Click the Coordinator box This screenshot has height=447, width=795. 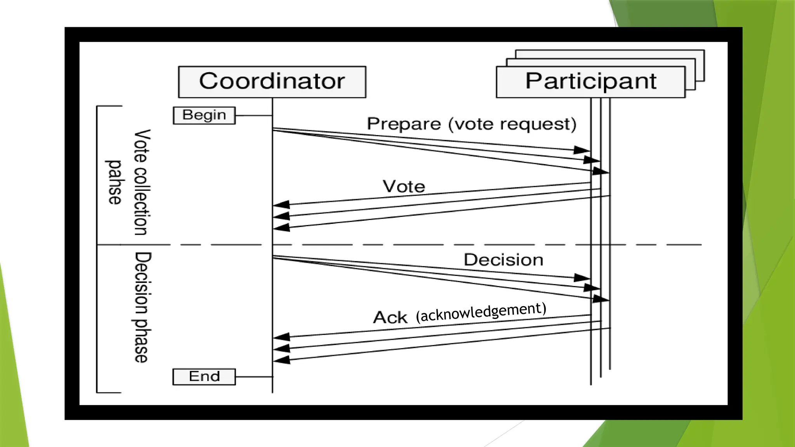tap(272, 82)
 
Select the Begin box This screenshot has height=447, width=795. tap(204, 115)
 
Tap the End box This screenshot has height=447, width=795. tap(204, 376)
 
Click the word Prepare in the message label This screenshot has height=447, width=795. tap(404, 124)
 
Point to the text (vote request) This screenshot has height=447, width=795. tap(512, 124)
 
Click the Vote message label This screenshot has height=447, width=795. tap(404, 187)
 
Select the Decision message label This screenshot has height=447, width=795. tap(503, 260)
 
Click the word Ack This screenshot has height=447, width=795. tap(390, 317)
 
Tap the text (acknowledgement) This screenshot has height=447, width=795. tap(481, 312)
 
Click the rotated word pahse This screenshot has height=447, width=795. tap(115, 182)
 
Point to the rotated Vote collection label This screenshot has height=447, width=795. tap(142, 182)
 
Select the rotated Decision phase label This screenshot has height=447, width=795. tap(142, 307)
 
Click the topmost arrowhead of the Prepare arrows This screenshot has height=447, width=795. tap(581, 150)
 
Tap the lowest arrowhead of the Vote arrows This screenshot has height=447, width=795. tap(282, 228)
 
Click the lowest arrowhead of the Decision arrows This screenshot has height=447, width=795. tap(600, 299)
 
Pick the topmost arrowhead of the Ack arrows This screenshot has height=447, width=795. tap(282, 336)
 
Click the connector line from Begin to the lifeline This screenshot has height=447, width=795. tap(253, 115)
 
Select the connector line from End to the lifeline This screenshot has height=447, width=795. tap(253, 376)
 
